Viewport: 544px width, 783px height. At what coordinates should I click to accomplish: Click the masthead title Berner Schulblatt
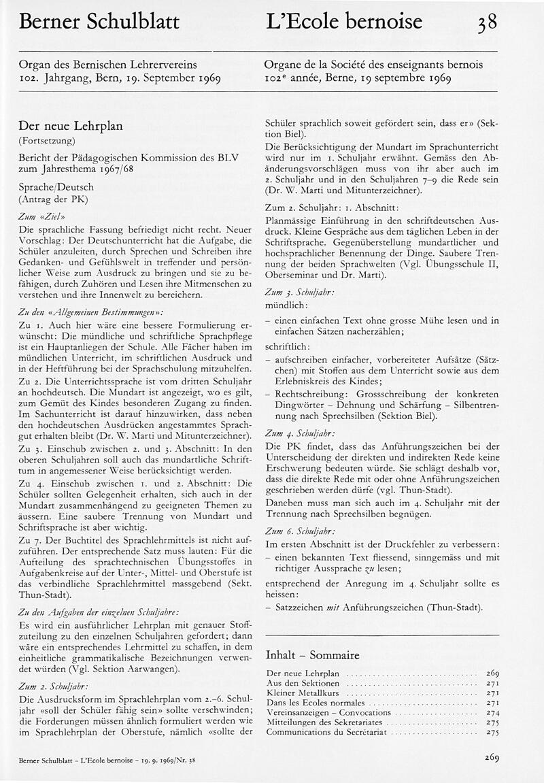point(99,22)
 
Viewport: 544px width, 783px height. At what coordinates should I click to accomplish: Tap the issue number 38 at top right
point(487,22)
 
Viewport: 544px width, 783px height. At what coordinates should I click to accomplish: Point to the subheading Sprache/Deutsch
point(56,186)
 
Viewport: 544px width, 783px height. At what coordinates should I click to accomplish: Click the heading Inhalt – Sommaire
point(312,655)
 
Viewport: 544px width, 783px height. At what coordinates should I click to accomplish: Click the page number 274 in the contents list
point(493,712)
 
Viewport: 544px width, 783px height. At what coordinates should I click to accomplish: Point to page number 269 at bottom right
point(492,757)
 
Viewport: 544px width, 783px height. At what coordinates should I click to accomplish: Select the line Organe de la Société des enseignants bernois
point(373,65)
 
